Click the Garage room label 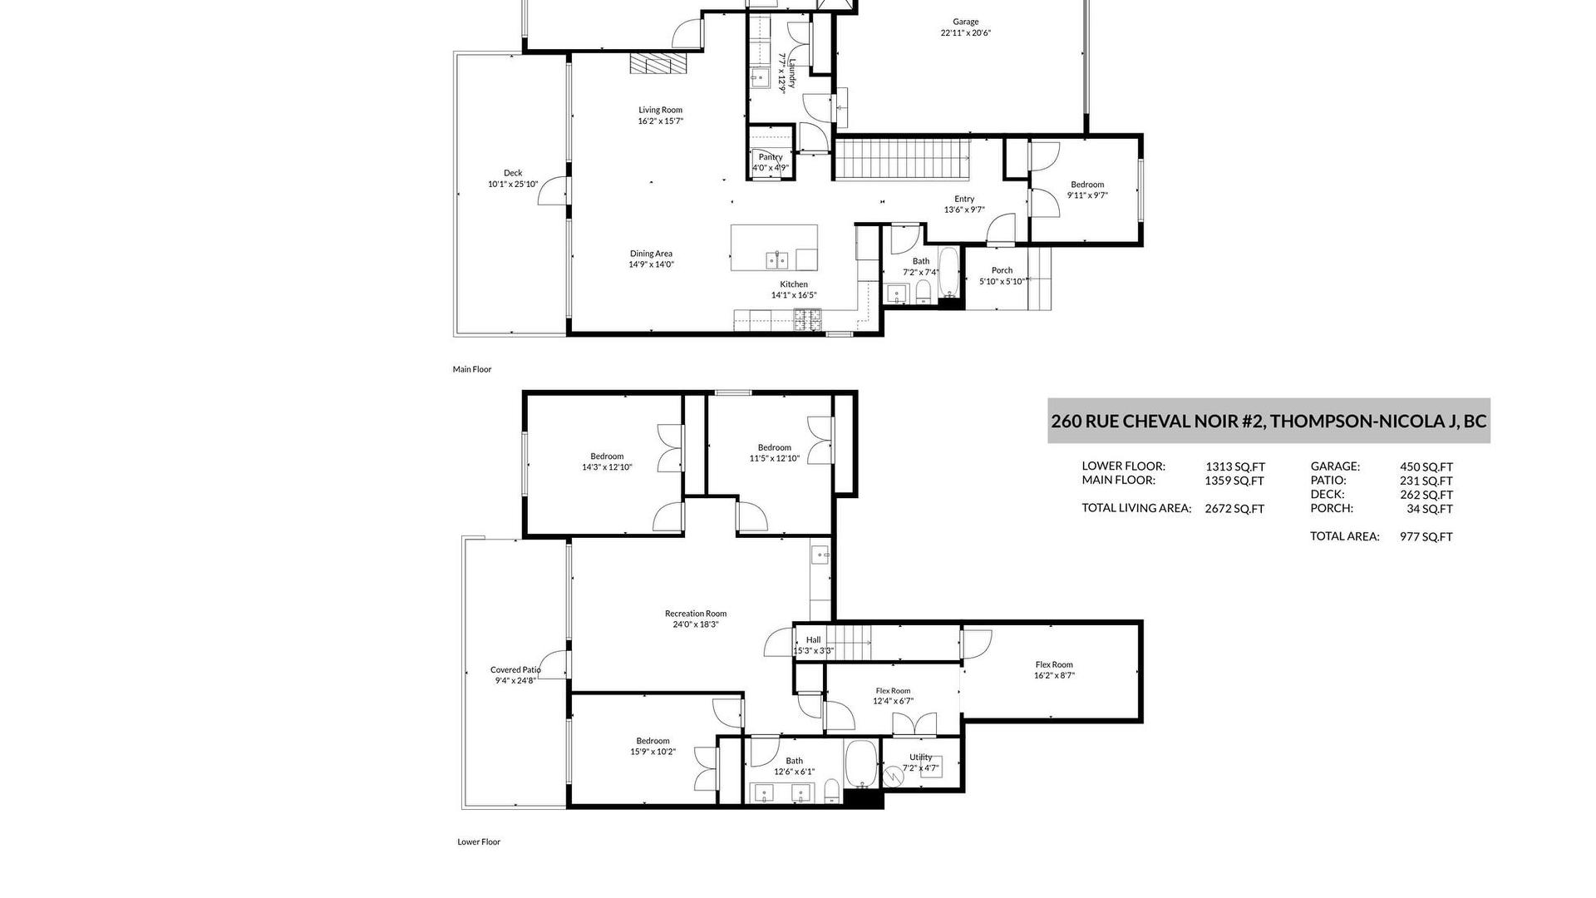pos(965,22)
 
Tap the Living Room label pos(660,110)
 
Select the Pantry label pos(771,157)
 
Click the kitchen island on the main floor pos(774,248)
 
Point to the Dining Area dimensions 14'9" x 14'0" pos(651,264)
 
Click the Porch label pos(1002,270)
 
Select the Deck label pos(513,173)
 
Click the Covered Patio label pos(515,669)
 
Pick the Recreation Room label pos(696,614)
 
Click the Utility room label pos(921,757)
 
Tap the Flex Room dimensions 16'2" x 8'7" pos(1054,676)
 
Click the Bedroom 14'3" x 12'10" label pos(607,456)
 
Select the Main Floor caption pos(472,369)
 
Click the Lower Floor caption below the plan pos(479,841)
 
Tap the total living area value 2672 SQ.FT pos(1234,509)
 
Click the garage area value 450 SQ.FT pos(1426,467)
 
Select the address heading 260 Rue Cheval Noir pos(1268,421)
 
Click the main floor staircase pos(903,159)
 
